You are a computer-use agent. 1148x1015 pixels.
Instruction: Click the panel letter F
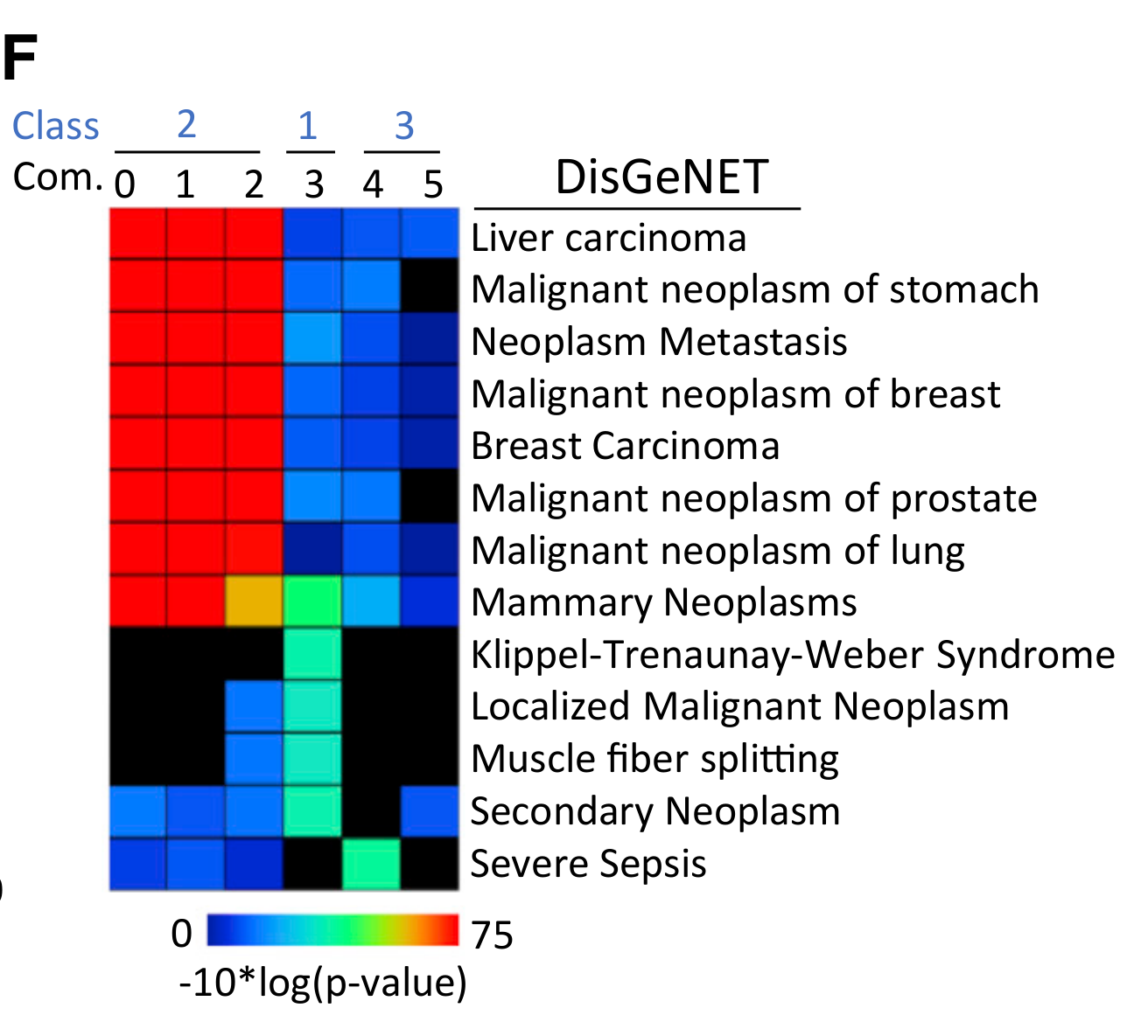click(19, 59)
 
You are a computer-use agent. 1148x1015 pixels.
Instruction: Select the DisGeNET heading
click(661, 177)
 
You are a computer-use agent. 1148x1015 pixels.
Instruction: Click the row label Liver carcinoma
click(608, 239)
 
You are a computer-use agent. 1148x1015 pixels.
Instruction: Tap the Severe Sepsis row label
click(588, 864)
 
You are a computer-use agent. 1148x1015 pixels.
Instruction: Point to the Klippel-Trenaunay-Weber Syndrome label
click(793, 655)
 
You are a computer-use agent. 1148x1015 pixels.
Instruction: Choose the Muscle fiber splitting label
click(654, 759)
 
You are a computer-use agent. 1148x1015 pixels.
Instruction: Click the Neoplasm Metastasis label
click(659, 342)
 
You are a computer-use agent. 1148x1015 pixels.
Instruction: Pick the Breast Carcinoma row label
click(625, 446)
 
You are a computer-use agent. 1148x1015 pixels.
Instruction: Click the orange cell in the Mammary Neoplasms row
click(254, 601)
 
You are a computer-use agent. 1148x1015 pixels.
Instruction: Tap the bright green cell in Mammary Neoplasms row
click(312, 601)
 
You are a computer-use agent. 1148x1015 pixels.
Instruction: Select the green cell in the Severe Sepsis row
click(371, 864)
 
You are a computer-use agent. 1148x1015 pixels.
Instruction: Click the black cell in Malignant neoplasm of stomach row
click(430, 286)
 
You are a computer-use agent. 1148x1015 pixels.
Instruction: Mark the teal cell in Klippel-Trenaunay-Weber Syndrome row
click(312, 654)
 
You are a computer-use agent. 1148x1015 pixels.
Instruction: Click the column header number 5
click(433, 184)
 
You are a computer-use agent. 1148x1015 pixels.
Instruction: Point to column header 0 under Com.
click(125, 184)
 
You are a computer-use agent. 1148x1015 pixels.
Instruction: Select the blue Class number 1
click(307, 126)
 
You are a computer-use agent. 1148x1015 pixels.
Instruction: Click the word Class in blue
click(56, 126)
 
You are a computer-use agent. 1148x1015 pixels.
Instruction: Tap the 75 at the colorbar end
click(492, 935)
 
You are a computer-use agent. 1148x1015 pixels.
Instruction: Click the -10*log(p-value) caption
click(323, 983)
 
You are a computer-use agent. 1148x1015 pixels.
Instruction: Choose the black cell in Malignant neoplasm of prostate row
click(430, 497)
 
